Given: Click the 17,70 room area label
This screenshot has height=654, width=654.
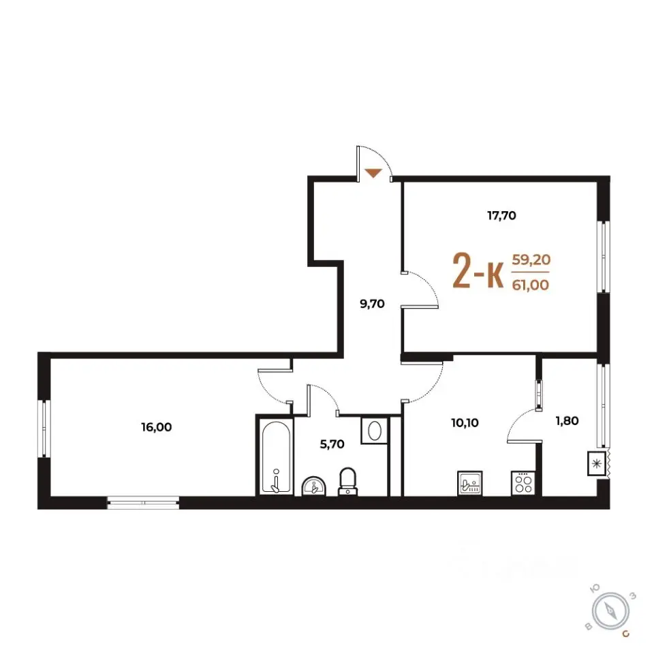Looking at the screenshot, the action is (502, 216).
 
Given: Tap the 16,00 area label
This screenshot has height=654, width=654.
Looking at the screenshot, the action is (157, 427).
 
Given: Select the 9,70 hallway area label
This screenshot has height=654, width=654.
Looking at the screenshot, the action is (372, 304).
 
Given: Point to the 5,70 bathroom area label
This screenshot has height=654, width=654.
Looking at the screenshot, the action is (332, 444).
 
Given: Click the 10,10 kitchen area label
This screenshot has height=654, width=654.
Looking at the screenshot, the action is (465, 423).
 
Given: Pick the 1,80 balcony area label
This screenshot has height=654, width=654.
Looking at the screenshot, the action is (567, 421).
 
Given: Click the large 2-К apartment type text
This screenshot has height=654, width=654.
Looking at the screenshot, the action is (478, 272).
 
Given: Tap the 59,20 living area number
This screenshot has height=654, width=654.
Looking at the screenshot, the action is (531, 260).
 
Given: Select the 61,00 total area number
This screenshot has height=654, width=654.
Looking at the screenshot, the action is (531, 285).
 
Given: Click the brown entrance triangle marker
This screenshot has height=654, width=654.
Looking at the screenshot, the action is (373, 172).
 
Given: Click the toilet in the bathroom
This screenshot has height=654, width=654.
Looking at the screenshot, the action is (348, 482).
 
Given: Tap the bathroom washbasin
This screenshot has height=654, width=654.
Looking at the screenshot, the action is (314, 486).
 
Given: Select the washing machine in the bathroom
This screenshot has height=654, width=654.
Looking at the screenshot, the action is (374, 430).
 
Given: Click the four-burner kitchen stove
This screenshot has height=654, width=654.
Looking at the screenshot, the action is (523, 483).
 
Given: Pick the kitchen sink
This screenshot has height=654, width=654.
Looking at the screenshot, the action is (470, 483).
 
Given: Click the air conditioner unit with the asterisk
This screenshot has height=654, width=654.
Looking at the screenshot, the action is (597, 463).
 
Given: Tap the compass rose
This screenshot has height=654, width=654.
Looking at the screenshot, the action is (612, 612).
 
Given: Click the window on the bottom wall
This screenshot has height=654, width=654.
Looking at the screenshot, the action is (144, 503).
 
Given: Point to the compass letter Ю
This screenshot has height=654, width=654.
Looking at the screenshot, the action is (595, 588).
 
